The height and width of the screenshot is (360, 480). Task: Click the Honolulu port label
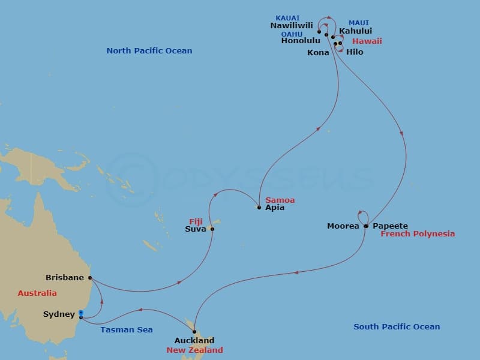point(301,41)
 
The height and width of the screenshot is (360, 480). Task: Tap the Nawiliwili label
point(292,26)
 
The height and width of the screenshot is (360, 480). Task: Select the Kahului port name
point(355,31)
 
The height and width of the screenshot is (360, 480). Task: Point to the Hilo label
point(355,52)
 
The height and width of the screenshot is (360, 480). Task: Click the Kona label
point(318,53)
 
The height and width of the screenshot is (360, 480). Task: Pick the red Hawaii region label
point(367,41)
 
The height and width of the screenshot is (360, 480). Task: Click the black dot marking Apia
point(259,208)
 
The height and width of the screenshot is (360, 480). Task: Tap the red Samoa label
point(280,200)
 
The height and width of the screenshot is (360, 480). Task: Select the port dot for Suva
point(212,229)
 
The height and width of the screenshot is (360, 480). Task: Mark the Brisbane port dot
point(90,278)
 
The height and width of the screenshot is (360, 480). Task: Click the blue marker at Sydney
point(81,313)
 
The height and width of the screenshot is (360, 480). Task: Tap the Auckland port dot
point(194,331)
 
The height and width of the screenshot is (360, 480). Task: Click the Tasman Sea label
point(127,329)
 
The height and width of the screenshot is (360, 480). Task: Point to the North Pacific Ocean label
point(149,51)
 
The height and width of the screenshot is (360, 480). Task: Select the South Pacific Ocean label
point(397,327)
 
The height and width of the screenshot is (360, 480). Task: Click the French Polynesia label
point(418,234)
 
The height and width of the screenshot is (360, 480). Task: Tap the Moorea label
point(343,226)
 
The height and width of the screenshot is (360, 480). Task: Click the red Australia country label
point(37,293)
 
